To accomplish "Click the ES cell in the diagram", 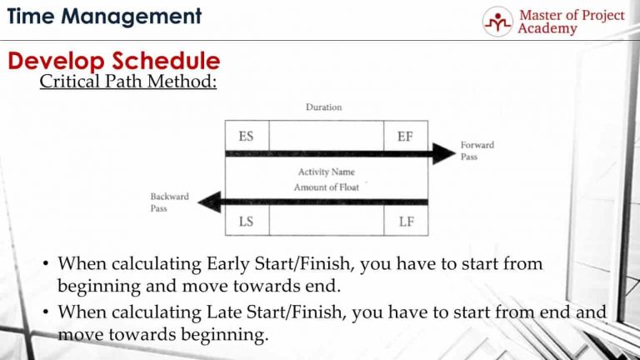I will pyautogui.click(x=247, y=136).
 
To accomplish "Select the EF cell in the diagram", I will pyautogui.click(x=405, y=136).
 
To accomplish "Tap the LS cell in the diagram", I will pyautogui.click(x=247, y=222).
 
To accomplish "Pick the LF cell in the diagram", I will pyautogui.click(x=405, y=222).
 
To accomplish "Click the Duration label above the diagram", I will pyautogui.click(x=323, y=107).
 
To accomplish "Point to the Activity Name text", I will pyautogui.click(x=326, y=172).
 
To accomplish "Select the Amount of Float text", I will pyautogui.click(x=326, y=187).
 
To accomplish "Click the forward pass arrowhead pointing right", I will pyautogui.click(x=442, y=153).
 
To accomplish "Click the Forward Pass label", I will pyautogui.click(x=477, y=150).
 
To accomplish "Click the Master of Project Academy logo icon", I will pyautogui.click(x=498, y=21).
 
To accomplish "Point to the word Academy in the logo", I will pyautogui.click(x=547, y=29).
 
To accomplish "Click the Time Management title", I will pyautogui.click(x=104, y=16).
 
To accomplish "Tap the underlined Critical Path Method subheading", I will pyautogui.click(x=128, y=83).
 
